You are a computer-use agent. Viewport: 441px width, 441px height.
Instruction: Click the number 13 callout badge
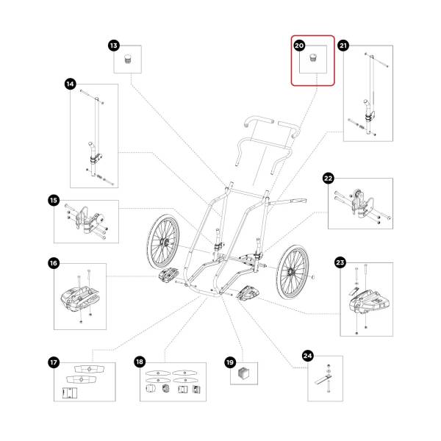pos(113,46)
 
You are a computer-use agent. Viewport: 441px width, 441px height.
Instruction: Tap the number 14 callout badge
pos(71,85)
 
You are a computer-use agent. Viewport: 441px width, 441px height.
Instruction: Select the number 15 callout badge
pos(54,200)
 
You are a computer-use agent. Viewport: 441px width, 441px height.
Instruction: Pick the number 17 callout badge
pos(54,362)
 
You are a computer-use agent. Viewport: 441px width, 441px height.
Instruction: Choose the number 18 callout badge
pos(140,362)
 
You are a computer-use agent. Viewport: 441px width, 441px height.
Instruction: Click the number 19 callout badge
pos(230,362)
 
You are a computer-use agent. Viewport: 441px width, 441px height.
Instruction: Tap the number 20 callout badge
pos(299,46)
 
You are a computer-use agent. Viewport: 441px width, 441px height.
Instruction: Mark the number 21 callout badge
pos(343,46)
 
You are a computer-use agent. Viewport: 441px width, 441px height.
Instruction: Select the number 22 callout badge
pos(329,178)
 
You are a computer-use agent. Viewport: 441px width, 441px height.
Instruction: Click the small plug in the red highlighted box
pos(316,59)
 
